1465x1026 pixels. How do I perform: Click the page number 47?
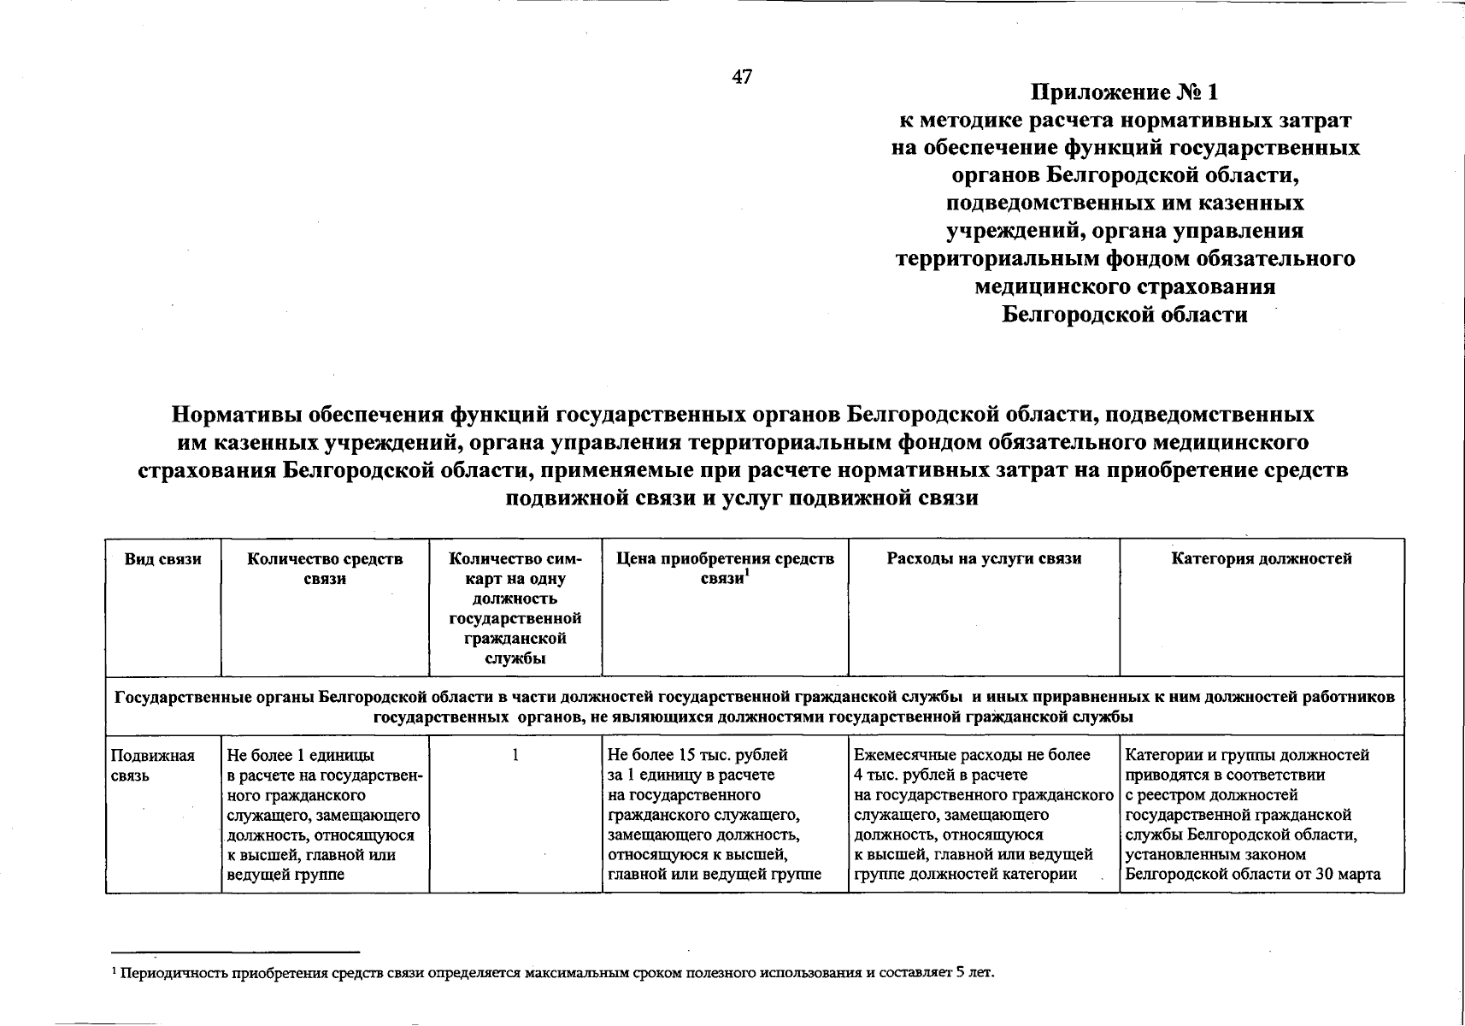click(x=742, y=77)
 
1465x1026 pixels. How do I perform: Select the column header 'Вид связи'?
click(x=163, y=559)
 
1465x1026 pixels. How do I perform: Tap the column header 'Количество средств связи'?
click(x=325, y=569)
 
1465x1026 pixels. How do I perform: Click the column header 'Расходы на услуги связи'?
click(x=984, y=559)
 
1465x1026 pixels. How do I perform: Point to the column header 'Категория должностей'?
click(x=1262, y=559)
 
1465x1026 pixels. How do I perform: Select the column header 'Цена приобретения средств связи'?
click(x=725, y=569)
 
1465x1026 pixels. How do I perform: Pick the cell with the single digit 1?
click(x=515, y=756)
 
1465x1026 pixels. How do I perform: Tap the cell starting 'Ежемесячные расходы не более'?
click(x=983, y=814)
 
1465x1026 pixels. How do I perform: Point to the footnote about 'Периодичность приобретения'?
click(x=556, y=973)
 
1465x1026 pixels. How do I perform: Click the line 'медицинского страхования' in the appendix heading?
click(x=1125, y=286)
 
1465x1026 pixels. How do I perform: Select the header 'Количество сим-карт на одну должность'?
click(x=515, y=608)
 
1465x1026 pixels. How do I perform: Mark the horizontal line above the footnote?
click(x=235, y=952)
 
